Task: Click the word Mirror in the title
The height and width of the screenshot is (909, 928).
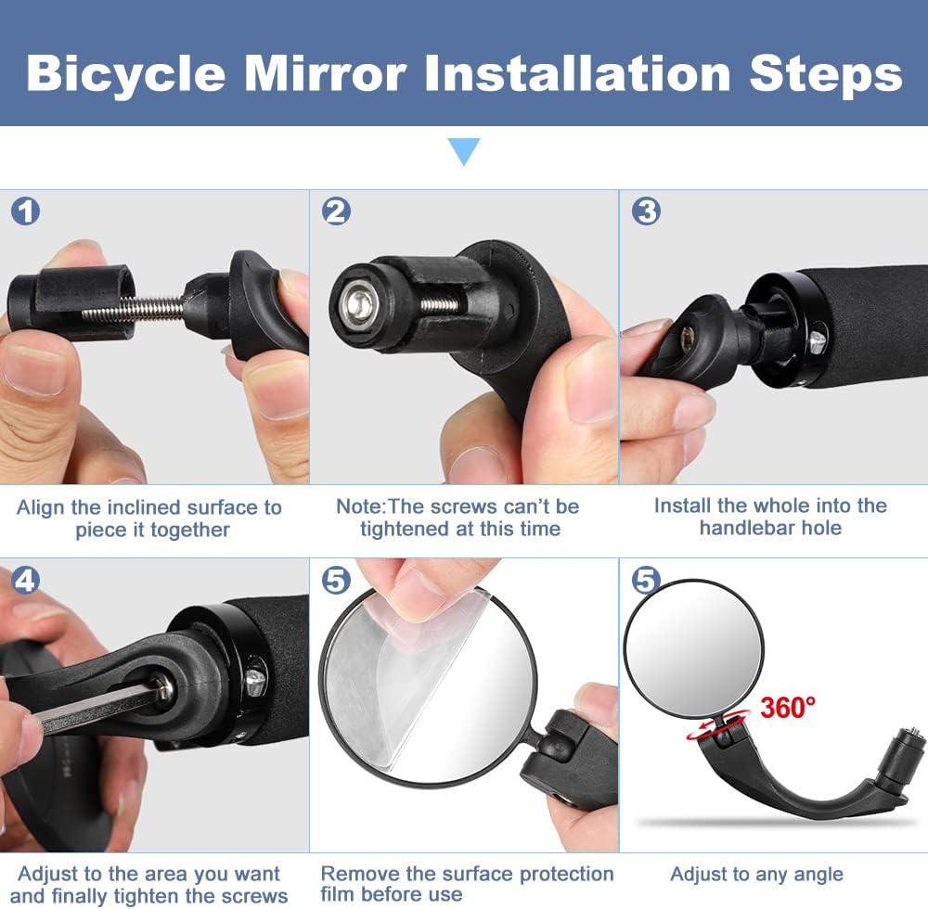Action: (x=325, y=73)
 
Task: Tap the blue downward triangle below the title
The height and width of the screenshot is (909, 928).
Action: (x=464, y=150)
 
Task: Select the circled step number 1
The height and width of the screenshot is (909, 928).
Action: (x=25, y=211)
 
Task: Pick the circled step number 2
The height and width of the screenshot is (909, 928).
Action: (x=336, y=211)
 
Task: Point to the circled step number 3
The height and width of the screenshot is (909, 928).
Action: (x=646, y=211)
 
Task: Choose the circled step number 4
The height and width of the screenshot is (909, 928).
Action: (x=25, y=580)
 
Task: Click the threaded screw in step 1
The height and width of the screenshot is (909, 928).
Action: (x=134, y=307)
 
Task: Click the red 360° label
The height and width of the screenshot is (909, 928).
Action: (x=787, y=707)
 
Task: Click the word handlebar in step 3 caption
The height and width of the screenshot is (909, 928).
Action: (x=746, y=528)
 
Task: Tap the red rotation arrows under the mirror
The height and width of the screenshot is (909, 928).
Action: (x=718, y=725)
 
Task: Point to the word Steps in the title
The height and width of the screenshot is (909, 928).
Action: (x=826, y=75)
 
